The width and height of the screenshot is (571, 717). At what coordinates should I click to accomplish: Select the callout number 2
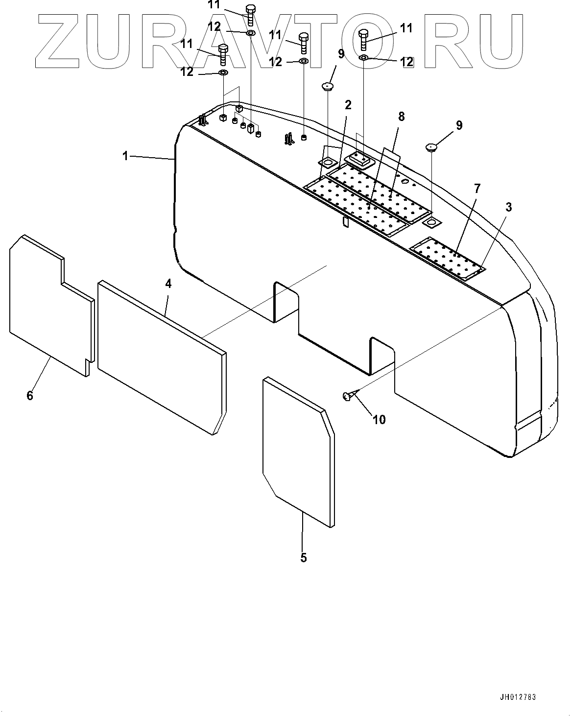click(x=348, y=105)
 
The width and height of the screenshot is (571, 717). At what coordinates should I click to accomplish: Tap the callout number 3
click(x=508, y=207)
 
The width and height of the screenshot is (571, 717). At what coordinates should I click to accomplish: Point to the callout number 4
click(x=168, y=284)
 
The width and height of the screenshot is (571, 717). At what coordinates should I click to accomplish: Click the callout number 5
click(x=304, y=557)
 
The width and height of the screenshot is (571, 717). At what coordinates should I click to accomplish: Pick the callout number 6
click(x=30, y=395)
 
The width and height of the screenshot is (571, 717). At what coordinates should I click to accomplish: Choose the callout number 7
click(x=477, y=188)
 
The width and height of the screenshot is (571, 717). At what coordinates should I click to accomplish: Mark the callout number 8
click(x=402, y=117)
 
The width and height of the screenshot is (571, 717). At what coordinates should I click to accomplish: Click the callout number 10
click(x=379, y=419)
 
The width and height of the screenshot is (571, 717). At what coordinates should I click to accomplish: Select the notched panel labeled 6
click(x=49, y=304)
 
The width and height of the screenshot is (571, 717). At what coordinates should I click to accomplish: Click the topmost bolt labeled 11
click(x=250, y=15)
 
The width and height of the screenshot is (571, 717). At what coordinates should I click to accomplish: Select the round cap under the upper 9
click(x=327, y=87)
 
